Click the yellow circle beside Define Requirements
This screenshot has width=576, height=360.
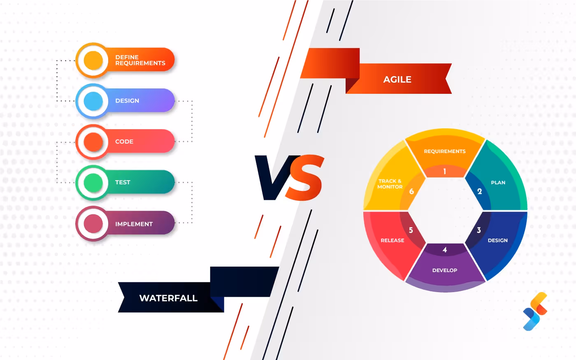[x=93, y=60]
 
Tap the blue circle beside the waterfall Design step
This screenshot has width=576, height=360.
[x=93, y=101]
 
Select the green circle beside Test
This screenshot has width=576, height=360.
[x=93, y=183]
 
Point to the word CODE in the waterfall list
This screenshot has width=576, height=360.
[x=124, y=142]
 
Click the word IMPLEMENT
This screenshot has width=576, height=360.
[x=134, y=224]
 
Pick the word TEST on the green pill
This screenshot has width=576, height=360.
[x=123, y=182]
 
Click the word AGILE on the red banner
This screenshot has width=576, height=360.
[x=397, y=79]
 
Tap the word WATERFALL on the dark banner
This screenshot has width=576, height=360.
[x=168, y=298]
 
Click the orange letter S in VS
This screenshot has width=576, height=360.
[x=304, y=178]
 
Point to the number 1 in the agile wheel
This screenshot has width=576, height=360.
[x=444, y=171]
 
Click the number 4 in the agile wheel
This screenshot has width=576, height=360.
[x=445, y=250]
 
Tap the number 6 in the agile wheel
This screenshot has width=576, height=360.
[x=411, y=191]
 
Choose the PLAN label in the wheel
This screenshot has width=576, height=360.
[x=498, y=182]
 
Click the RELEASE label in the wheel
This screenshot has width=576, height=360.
[x=392, y=240]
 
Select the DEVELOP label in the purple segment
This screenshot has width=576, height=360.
[x=445, y=270]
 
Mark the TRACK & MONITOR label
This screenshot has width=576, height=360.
[x=390, y=184]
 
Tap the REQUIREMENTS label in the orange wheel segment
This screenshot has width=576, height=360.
[x=445, y=151]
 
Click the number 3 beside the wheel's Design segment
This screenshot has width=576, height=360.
[x=478, y=230]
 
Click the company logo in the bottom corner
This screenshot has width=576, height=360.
[x=535, y=311]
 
